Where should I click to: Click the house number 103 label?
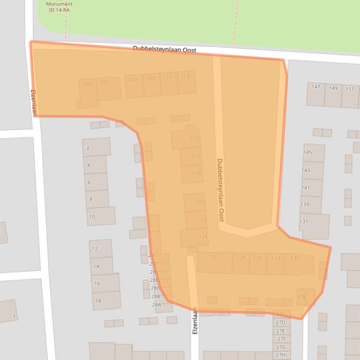click(88, 84)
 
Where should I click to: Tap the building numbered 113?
click(185, 76)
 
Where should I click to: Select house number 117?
click(195, 156)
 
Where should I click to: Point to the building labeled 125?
click(203, 237)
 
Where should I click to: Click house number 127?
click(214, 257)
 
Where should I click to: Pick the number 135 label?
click(294, 258)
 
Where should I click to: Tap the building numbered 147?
click(316, 87)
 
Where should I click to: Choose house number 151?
click(350, 89)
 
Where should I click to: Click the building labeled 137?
click(304, 222)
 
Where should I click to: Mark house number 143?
click(305, 171)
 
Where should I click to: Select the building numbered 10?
click(92, 216)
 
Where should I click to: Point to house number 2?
click(88, 148)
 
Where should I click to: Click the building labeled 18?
click(98, 301)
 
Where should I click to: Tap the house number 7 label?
click(14, 317)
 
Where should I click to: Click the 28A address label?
click(156, 305)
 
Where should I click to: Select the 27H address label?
click(281, 355)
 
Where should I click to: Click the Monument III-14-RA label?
click(59, 7)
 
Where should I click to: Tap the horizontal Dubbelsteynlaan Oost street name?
click(164, 49)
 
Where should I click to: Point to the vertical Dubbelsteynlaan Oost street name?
click(220, 190)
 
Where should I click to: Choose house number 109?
click(151, 78)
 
